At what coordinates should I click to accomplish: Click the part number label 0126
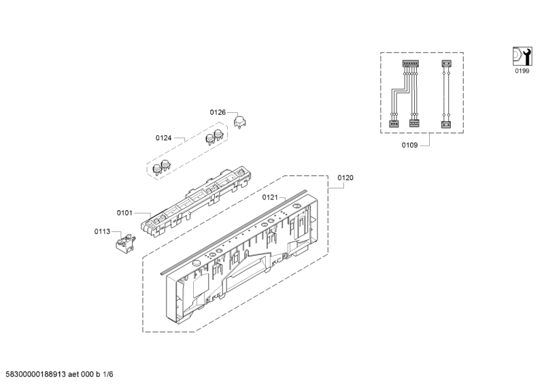[x=218, y=112]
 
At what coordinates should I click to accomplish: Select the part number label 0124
[x=163, y=138]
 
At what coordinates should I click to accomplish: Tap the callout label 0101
[x=124, y=213]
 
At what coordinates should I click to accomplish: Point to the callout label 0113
[x=102, y=231]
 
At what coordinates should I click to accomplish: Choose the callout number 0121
[x=270, y=197]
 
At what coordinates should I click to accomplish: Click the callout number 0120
[x=345, y=178]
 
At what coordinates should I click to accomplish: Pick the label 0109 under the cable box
[x=410, y=145]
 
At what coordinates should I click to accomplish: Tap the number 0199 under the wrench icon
[x=522, y=71]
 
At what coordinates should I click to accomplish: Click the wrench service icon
[x=522, y=56]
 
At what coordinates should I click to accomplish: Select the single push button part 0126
[x=240, y=122]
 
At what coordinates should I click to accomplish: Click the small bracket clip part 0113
[x=125, y=241]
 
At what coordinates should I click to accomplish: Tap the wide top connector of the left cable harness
[x=411, y=64]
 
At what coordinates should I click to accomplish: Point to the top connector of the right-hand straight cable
[x=447, y=63]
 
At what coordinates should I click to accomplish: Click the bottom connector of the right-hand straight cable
[x=446, y=124]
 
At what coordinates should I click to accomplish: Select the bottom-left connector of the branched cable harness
[x=393, y=124]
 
